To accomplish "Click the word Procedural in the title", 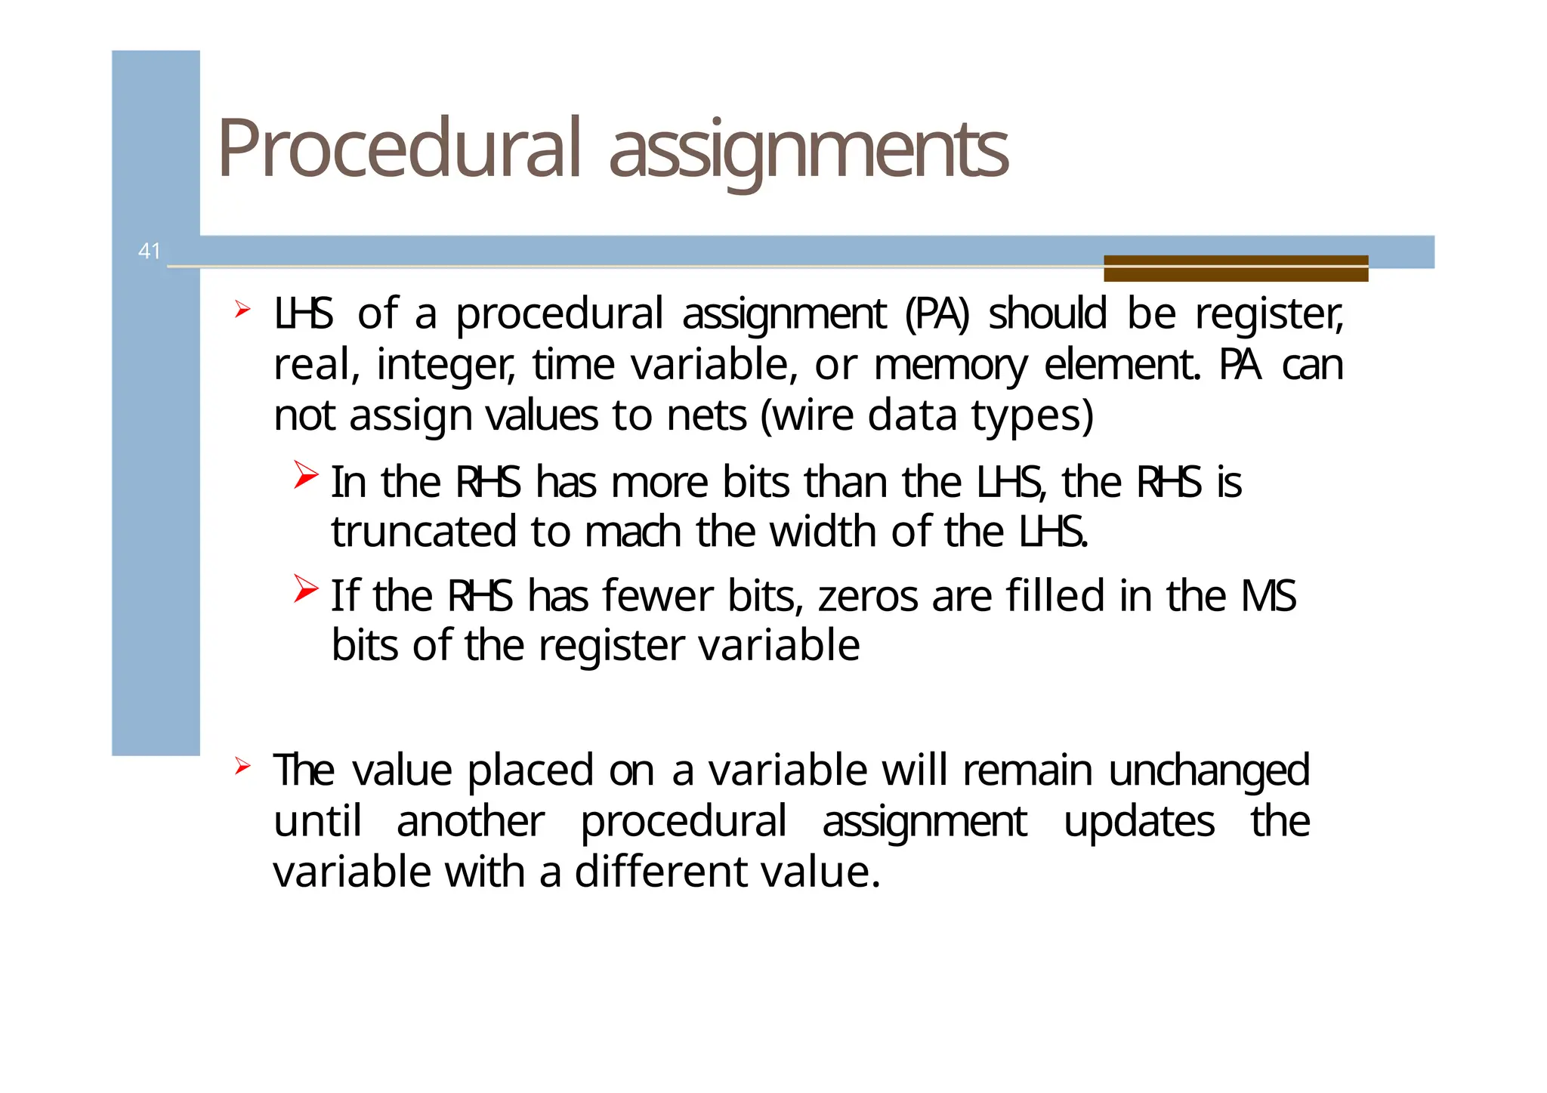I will coord(400,149).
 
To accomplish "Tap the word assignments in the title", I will coord(807,150).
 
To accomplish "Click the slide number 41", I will coord(150,251).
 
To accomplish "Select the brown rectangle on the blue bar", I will coord(1235,268).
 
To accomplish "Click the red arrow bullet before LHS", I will coord(242,309).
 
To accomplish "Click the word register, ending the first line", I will coord(1269,314).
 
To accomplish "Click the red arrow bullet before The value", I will coord(242,766).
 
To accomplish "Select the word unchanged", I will coord(1209,770).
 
